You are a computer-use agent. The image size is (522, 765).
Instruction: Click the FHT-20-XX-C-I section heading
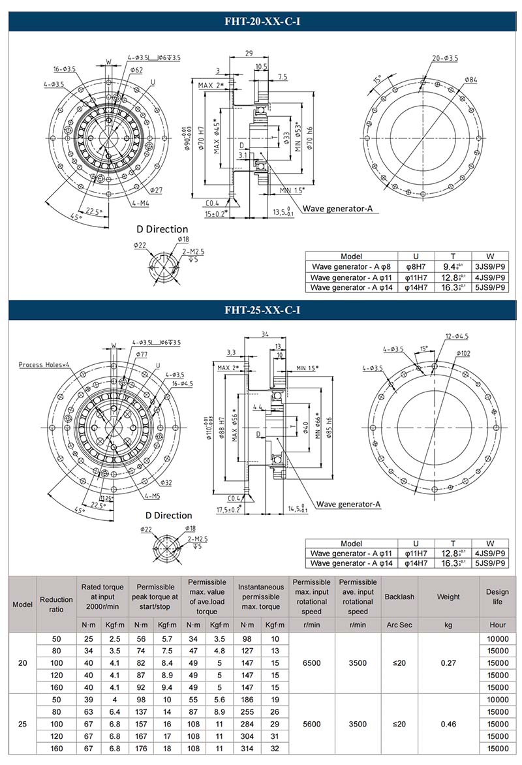[x=261, y=22]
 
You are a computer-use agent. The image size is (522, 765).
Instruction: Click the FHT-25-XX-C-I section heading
[x=261, y=311]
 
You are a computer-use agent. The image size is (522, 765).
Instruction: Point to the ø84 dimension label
[x=470, y=80]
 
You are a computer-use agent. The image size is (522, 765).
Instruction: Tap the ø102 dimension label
[x=464, y=353]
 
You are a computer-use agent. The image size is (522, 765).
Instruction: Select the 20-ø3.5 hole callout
[x=445, y=58]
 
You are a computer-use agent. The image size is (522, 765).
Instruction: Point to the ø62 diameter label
[x=136, y=70]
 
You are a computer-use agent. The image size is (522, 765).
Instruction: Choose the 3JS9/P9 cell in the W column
[x=489, y=266]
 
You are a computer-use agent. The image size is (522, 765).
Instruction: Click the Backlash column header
[x=398, y=597]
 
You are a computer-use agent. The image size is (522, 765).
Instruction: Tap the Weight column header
[x=448, y=597]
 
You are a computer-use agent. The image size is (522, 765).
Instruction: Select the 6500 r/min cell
[x=312, y=663]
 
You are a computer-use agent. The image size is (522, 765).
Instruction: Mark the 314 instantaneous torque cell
[x=247, y=749]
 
